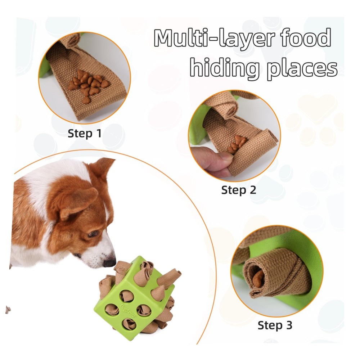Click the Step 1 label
pos(85,134)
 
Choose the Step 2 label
pos(239,190)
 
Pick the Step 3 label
pos(275,325)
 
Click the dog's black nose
pos(109,262)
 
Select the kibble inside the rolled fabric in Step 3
pos(258,278)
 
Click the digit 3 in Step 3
pos(289,325)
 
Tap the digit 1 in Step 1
pos(99,133)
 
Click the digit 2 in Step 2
pos(253,190)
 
